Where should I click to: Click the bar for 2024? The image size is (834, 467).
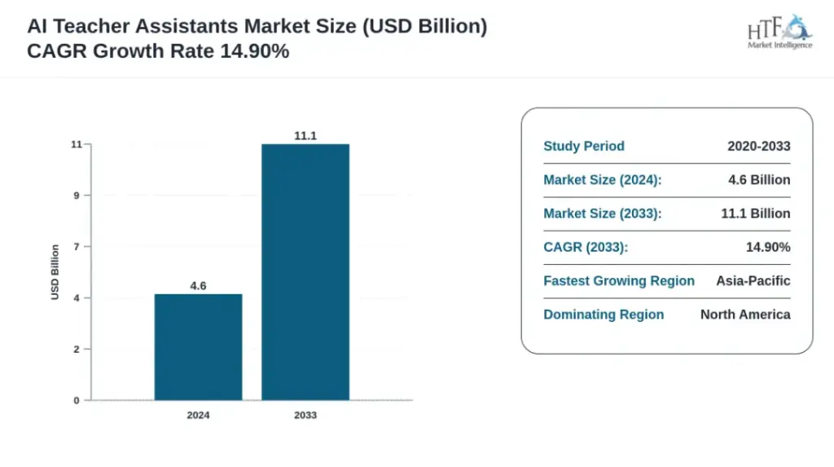tap(199, 346)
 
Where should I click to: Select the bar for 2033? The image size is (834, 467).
tap(305, 271)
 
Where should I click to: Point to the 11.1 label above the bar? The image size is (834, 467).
tap(305, 136)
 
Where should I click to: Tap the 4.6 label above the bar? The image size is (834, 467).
tap(199, 286)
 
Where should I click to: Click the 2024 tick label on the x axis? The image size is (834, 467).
tap(199, 415)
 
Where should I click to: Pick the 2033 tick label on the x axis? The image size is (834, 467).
tap(305, 415)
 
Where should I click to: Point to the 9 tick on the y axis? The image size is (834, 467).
tap(77, 196)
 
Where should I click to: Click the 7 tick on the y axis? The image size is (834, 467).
tap(77, 247)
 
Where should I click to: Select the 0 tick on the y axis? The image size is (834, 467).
tap(77, 400)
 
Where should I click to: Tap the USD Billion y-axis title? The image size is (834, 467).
tap(55, 272)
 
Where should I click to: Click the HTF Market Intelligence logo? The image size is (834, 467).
tap(779, 32)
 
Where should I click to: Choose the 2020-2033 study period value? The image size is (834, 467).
tap(759, 146)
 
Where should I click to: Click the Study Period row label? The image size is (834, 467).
tap(584, 146)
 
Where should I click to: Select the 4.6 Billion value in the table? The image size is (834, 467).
tap(759, 180)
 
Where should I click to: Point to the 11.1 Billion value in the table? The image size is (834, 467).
tap(756, 214)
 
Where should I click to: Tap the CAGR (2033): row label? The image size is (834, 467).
tap(586, 247)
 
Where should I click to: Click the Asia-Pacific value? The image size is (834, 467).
tap(753, 280)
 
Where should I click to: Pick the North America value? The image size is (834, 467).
tap(745, 315)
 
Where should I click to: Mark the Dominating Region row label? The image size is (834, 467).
tap(604, 315)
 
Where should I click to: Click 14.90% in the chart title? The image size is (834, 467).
tap(255, 51)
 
